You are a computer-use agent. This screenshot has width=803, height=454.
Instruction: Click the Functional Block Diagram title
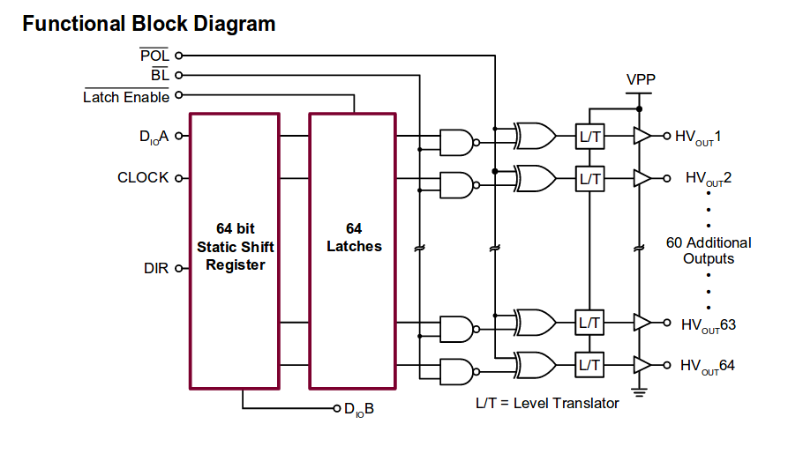tap(148, 24)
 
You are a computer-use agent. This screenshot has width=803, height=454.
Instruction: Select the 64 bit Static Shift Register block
tap(235, 250)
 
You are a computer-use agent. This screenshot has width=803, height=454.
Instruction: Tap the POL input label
tap(154, 56)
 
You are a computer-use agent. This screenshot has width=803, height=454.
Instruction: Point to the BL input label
tap(160, 76)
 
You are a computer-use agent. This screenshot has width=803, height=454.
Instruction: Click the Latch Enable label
tap(126, 97)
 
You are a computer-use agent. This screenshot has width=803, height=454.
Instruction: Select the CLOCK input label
tap(143, 177)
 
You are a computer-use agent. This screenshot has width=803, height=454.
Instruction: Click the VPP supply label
tap(641, 79)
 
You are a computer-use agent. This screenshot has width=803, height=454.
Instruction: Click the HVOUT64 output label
tap(708, 365)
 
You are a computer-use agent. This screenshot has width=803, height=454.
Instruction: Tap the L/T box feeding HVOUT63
tap(589, 323)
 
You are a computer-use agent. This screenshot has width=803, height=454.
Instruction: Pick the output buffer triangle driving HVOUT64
tap(642, 364)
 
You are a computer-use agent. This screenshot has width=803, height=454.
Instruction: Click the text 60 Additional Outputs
tap(709, 250)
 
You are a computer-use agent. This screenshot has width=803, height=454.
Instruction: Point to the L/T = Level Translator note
tap(547, 403)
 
